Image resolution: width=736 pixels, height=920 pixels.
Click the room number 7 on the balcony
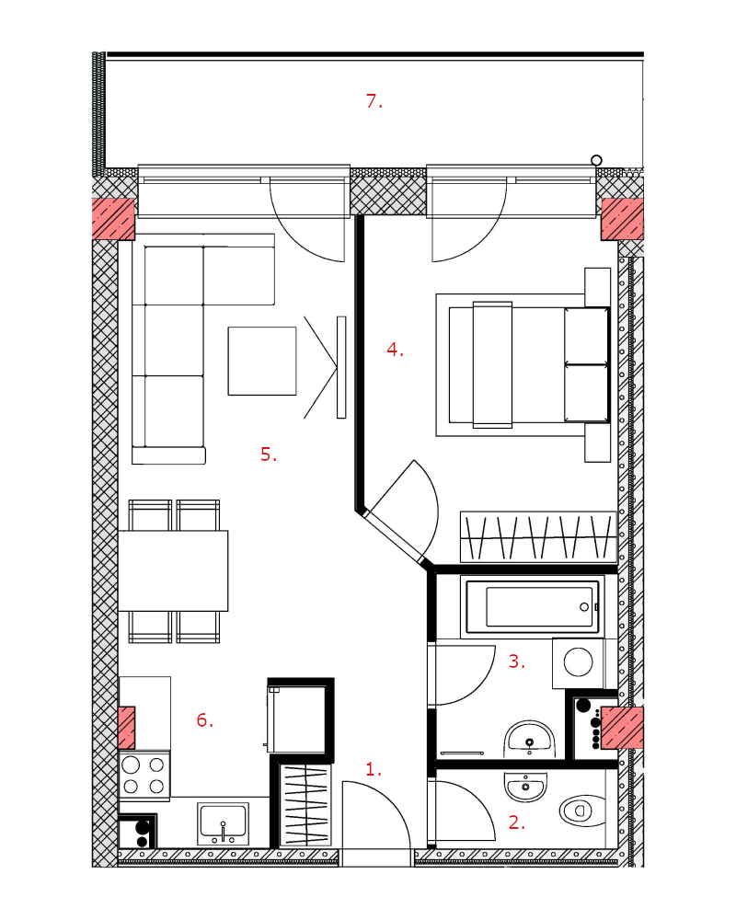(374, 101)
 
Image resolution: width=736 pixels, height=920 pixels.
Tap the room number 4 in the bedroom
(395, 350)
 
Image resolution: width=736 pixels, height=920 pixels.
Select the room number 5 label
(269, 454)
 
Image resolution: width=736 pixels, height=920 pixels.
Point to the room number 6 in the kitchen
(205, 720)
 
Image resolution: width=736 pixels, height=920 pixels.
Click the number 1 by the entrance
(374, 768)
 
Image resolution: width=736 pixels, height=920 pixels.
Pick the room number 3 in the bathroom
(516, 661)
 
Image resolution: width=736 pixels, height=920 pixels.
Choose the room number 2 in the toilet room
(516, 822)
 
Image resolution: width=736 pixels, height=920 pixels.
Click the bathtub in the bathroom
(531, 606)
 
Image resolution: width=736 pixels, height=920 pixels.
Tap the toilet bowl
(581, 811)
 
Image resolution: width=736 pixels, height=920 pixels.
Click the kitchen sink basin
(223, 822)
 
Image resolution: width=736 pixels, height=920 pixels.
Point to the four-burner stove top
(144, 776)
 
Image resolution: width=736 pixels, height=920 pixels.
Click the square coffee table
(262, 361)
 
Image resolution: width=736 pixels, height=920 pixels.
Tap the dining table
(173, 571)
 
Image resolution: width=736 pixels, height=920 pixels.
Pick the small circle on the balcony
(596, 160)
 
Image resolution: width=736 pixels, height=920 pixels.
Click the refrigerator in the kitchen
(297, 717)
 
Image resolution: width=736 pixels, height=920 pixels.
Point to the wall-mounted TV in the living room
(341, 367)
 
